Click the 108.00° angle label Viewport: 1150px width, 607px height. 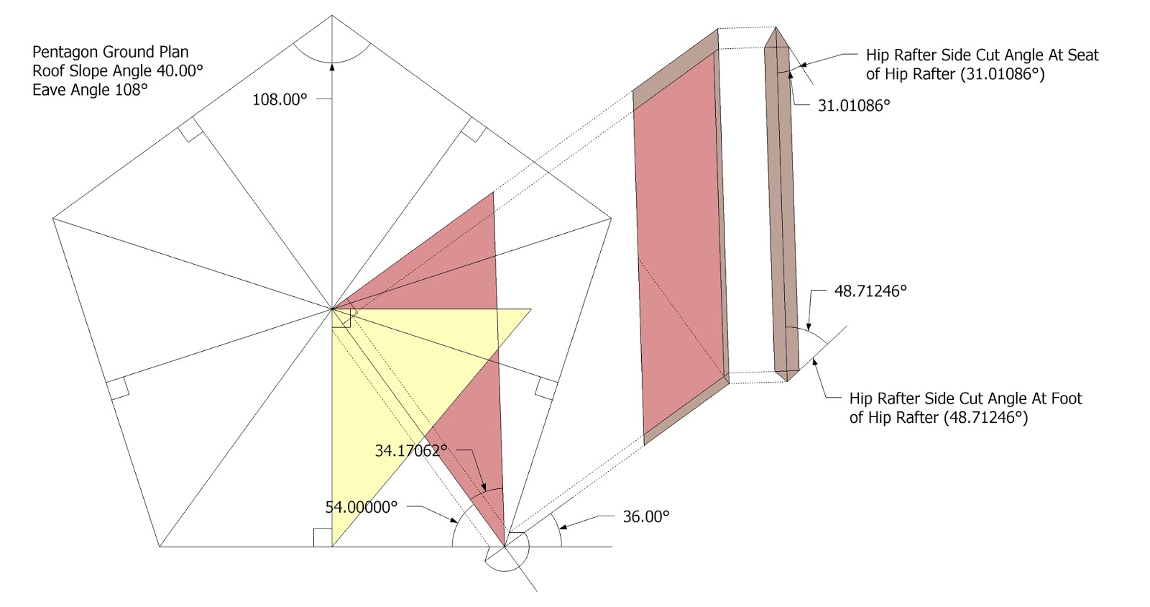(280, 100)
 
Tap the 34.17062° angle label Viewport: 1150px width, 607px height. (410, 451)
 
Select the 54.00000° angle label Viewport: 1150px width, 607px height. (361, 507)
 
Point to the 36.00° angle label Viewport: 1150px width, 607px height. (645, 516)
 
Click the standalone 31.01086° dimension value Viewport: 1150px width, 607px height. (854, 105)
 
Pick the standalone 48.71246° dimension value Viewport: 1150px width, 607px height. (870, 291)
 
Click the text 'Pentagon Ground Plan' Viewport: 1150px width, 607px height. (111, 52)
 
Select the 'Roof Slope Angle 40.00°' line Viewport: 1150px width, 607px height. (118, 70)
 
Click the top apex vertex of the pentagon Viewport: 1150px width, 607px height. (332, 15)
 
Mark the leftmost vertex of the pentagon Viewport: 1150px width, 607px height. (53, 217)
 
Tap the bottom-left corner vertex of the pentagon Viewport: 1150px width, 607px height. (160, 547)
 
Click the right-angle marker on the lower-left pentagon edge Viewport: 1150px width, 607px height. (117, 388)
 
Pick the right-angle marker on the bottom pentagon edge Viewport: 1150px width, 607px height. (323, 537)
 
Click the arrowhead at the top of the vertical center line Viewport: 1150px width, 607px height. (332, 67)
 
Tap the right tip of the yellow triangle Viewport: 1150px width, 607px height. (530, 309)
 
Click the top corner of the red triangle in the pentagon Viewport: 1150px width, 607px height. (494, 192)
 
